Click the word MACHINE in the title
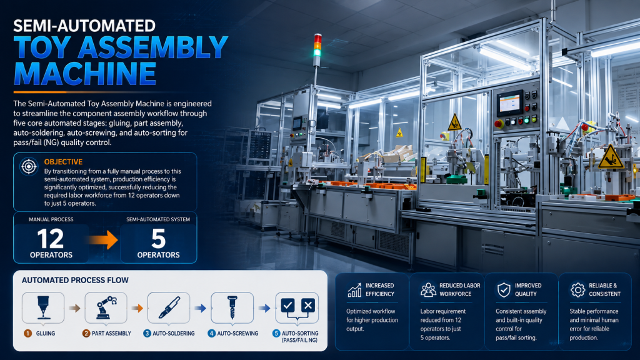[x=85, y=74]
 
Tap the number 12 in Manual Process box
[x=51, y=239]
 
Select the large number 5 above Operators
[x=158, y=239]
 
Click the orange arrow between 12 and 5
[x=104, y=239]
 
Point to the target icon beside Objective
[x=29, y=166]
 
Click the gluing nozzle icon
[x=43, y=307]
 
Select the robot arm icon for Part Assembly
[x=106, y=307]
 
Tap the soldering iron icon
[x=169, y=307]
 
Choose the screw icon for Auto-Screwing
[x=232, y=307]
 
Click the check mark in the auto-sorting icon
[x=287, y=305]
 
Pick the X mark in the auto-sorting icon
[x=308, y=305]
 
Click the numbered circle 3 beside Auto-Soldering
[x=147, y=334]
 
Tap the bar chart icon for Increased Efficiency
[x=354, y=290]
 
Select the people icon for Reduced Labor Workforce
[x=428, y=290]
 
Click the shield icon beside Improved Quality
[x=504, y=290]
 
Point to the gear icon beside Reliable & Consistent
[x=577, y=290]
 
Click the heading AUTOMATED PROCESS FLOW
[x=75, y=281]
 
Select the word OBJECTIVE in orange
[x=63, y=162]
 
